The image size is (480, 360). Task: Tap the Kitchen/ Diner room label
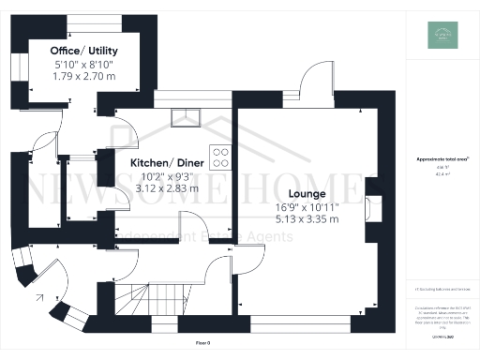pyautogui.click(x=169, y=161)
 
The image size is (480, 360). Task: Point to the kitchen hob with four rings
pyautogui.click(x=222, y=157)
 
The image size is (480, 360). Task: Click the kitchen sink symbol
pyautogui.click(x=185, y=116)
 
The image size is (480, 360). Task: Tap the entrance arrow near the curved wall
pyautogui.click(x=37, y=298)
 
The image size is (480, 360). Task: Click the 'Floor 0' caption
pyautogui.click(x=202, y=345)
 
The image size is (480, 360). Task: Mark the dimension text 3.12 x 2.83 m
pyautogui.click(x=169, y=187)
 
